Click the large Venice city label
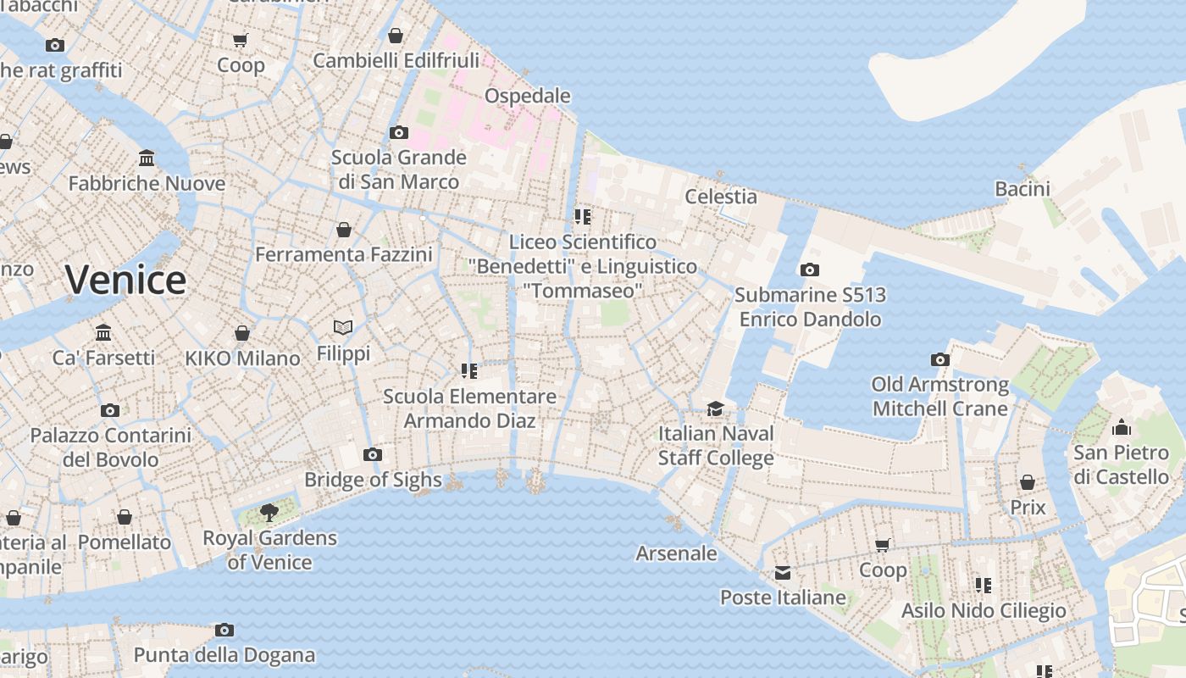click(125, 280)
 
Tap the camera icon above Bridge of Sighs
click(372, 455)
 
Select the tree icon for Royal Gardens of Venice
click(269, 512)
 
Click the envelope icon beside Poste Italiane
click(783, 574)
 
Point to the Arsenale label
click(676, 553)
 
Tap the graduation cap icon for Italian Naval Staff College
click(716, 409)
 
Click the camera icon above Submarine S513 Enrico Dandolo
click(810, 270)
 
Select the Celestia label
click(720, 196)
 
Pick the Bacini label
click(1023, 189)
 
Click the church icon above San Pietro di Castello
click(1122, 427)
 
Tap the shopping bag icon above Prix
click(1028, 483)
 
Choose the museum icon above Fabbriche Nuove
click(147, 158)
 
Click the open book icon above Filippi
click(343, 327)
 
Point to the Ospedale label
click(527, 96)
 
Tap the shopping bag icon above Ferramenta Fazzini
click(344, 230)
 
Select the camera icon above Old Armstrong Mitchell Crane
click(940, 360)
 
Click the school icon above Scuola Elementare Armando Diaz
click(469, 371)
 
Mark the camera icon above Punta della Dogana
click(224, 630)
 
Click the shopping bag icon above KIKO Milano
click(242, 333)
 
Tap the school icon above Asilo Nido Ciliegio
click(984, 585)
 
